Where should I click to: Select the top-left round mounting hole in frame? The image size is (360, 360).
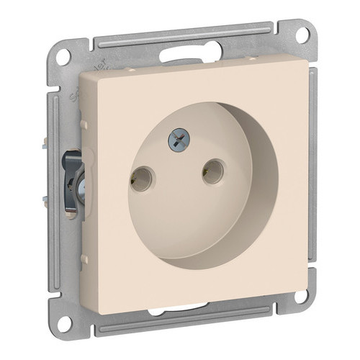tap(64, 57)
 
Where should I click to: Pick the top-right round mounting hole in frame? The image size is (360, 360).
tap(302, 34)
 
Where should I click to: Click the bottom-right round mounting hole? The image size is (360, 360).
tap(303, 295)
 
